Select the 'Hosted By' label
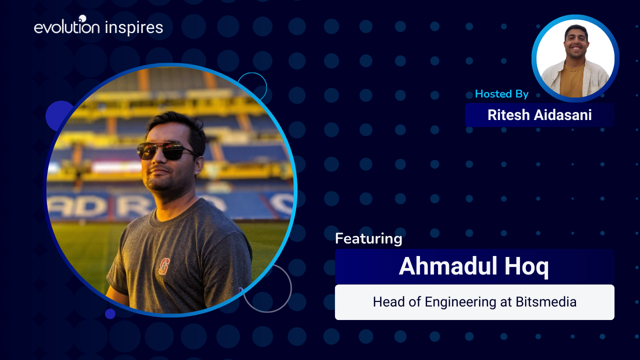click(501, 94)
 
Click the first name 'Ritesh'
click(508, 115)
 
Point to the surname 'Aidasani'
click(563, 115)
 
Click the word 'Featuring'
click(368, 238)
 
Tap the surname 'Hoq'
click(526, 267)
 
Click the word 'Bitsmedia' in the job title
click(546, 302)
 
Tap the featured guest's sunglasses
click(165, 151)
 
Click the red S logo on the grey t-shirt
click(164, 266)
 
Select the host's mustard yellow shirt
click(572, 80)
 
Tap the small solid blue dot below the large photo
click(110, 313)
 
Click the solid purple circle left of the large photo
click(57, 114)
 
